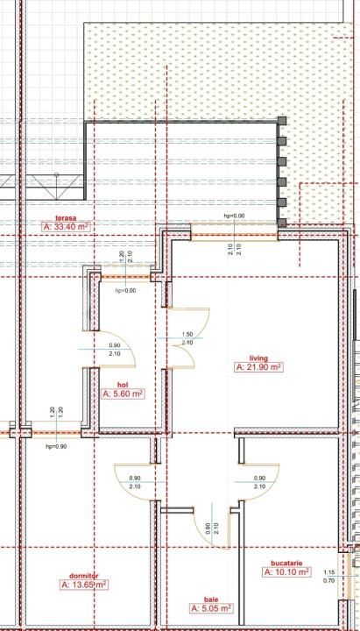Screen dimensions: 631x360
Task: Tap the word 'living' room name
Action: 258,358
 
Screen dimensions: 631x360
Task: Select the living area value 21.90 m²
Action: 258,368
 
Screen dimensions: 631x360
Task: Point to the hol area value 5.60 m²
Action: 123,394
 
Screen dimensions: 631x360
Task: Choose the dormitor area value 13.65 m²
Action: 84,584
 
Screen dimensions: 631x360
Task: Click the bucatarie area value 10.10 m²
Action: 286,571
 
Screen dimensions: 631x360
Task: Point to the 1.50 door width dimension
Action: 187,334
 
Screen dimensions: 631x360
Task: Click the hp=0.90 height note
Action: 57,447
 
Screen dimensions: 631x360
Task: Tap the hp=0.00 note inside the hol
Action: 125,291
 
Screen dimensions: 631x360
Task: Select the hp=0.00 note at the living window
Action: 234,216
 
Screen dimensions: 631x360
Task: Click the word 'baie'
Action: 210,598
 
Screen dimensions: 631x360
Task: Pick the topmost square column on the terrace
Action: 281,122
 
